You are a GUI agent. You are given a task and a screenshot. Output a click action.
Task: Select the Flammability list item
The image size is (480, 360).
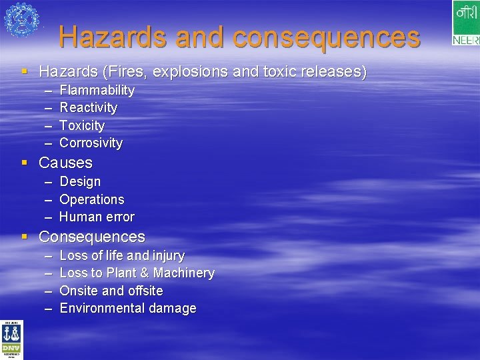[97, 90]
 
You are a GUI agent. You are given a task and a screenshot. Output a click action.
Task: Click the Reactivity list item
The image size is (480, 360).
[88, 107]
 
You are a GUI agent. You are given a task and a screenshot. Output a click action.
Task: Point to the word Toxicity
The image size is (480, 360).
[82, 125]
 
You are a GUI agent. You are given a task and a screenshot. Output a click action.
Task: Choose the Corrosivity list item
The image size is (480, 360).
[91, 143]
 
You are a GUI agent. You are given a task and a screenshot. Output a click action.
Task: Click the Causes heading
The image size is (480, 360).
[65, 163]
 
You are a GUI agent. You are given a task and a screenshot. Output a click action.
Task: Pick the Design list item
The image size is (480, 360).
[80, 181]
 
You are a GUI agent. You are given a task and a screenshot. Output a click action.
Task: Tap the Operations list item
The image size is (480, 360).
[91, 199]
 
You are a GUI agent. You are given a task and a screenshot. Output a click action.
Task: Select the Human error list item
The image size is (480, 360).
[97, 217]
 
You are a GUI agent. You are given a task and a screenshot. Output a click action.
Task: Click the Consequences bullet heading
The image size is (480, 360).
[91, 237]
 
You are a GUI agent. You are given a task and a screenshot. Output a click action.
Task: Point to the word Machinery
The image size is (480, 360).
[184, 273]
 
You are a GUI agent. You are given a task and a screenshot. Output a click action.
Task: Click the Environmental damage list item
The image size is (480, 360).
[128, 308]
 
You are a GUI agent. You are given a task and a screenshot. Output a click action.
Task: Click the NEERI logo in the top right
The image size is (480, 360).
[465, 23]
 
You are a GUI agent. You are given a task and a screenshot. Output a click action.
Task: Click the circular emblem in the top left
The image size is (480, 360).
[21, 19]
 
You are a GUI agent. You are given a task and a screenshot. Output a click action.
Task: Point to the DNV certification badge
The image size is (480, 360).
[11, 341]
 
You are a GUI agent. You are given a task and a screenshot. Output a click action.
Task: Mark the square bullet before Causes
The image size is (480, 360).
[25, 163]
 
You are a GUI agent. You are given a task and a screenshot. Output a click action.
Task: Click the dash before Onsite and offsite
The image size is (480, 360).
[49, 291]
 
